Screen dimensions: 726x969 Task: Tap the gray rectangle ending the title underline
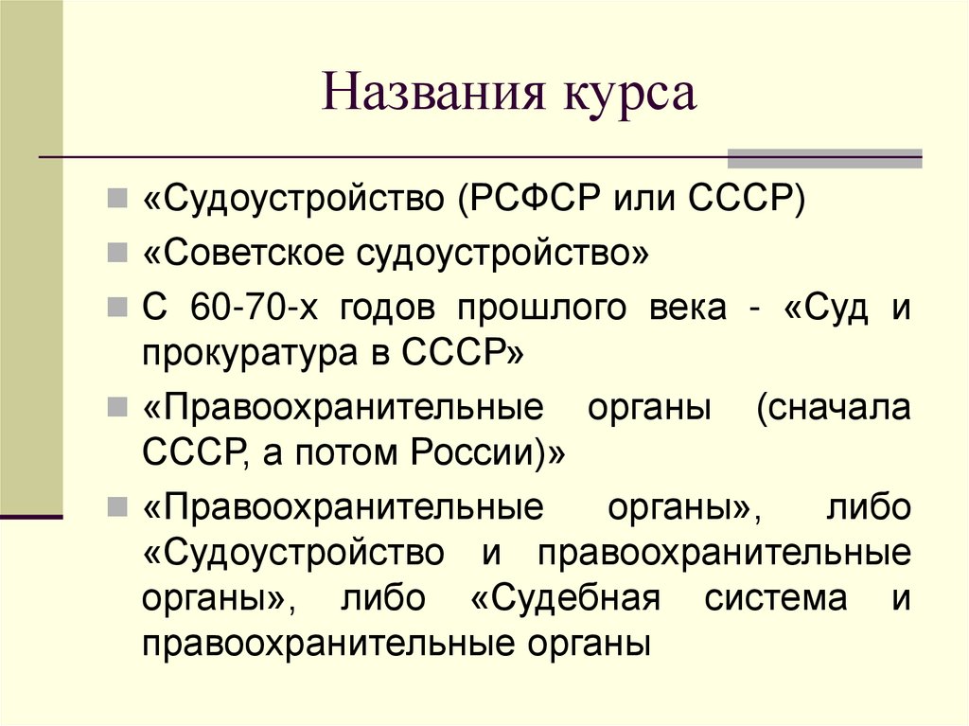point(823,158)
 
